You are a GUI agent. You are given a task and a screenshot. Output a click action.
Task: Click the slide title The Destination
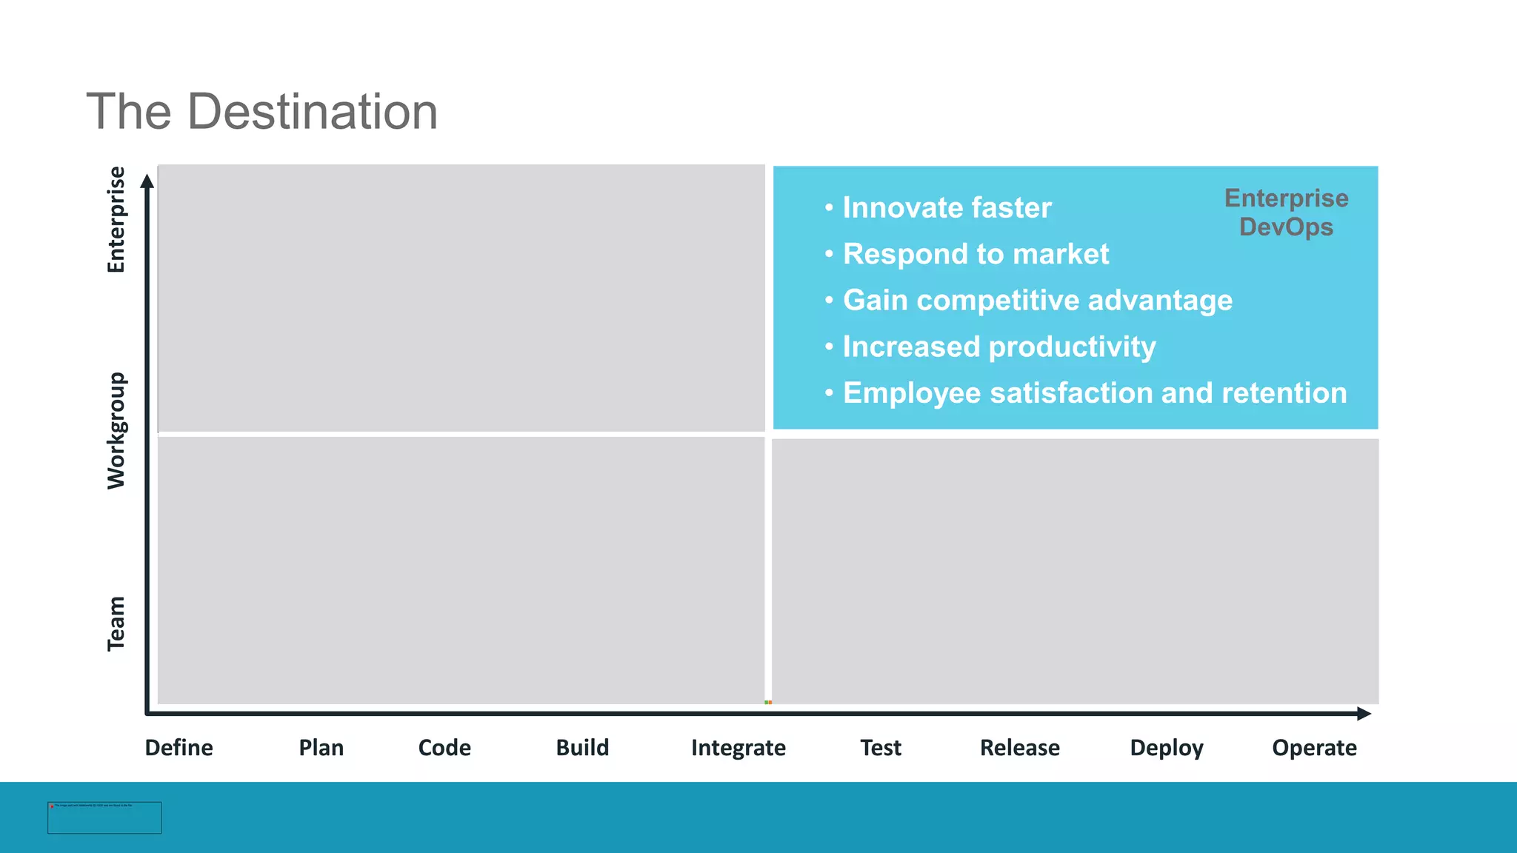pyautogui.click(x=262, y=112)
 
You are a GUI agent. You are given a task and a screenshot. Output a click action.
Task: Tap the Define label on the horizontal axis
pyautogui.click(x=179, y=748)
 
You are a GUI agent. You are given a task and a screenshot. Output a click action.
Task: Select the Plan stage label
pyautogui.click(x=321, y=748)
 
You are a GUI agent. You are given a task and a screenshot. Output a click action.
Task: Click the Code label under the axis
pyautogui.click(x=444, y=748)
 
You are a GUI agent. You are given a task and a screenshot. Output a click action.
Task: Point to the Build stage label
pyautogui.click(x=582, y=748)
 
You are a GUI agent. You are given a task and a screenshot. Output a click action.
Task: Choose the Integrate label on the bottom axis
pyautogui.click(x=738, y=748)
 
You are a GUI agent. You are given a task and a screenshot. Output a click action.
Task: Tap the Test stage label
pyautogui.click(x=880, y=748)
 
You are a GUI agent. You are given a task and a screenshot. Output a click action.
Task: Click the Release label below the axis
pyautogui.click(x=1019, y=748)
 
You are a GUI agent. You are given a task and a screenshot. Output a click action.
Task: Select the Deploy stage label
pyautogui.click(x=1166, y=748)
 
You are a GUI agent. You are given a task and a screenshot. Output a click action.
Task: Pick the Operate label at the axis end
pyautogui.click(x=1314, y=748)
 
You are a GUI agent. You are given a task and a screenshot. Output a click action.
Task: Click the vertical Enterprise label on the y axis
pyautogui.click(x=116, y=220)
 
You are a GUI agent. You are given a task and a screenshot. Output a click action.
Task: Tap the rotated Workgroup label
pyautogui.click(x=116, y=430)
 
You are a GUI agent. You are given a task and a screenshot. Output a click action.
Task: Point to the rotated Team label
pyautogui.click(x=116, y=623)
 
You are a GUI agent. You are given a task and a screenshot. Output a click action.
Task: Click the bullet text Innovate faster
pyautogui.click(x=947, y=208)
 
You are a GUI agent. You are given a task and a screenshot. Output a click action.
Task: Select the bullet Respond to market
pyautogui.click(x=976, y=254)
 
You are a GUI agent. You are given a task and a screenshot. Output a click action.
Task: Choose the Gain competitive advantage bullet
pyautogui.click(x=1037, y=301)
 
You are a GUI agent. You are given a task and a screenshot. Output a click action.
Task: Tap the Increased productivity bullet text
pyautogui.click(x=998, y=347)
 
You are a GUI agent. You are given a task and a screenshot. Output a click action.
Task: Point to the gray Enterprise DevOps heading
pyautogui.click(x=1286, y=213)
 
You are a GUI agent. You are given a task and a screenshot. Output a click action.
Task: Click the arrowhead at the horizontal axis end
pyautogui.click(x=1364, y=714)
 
